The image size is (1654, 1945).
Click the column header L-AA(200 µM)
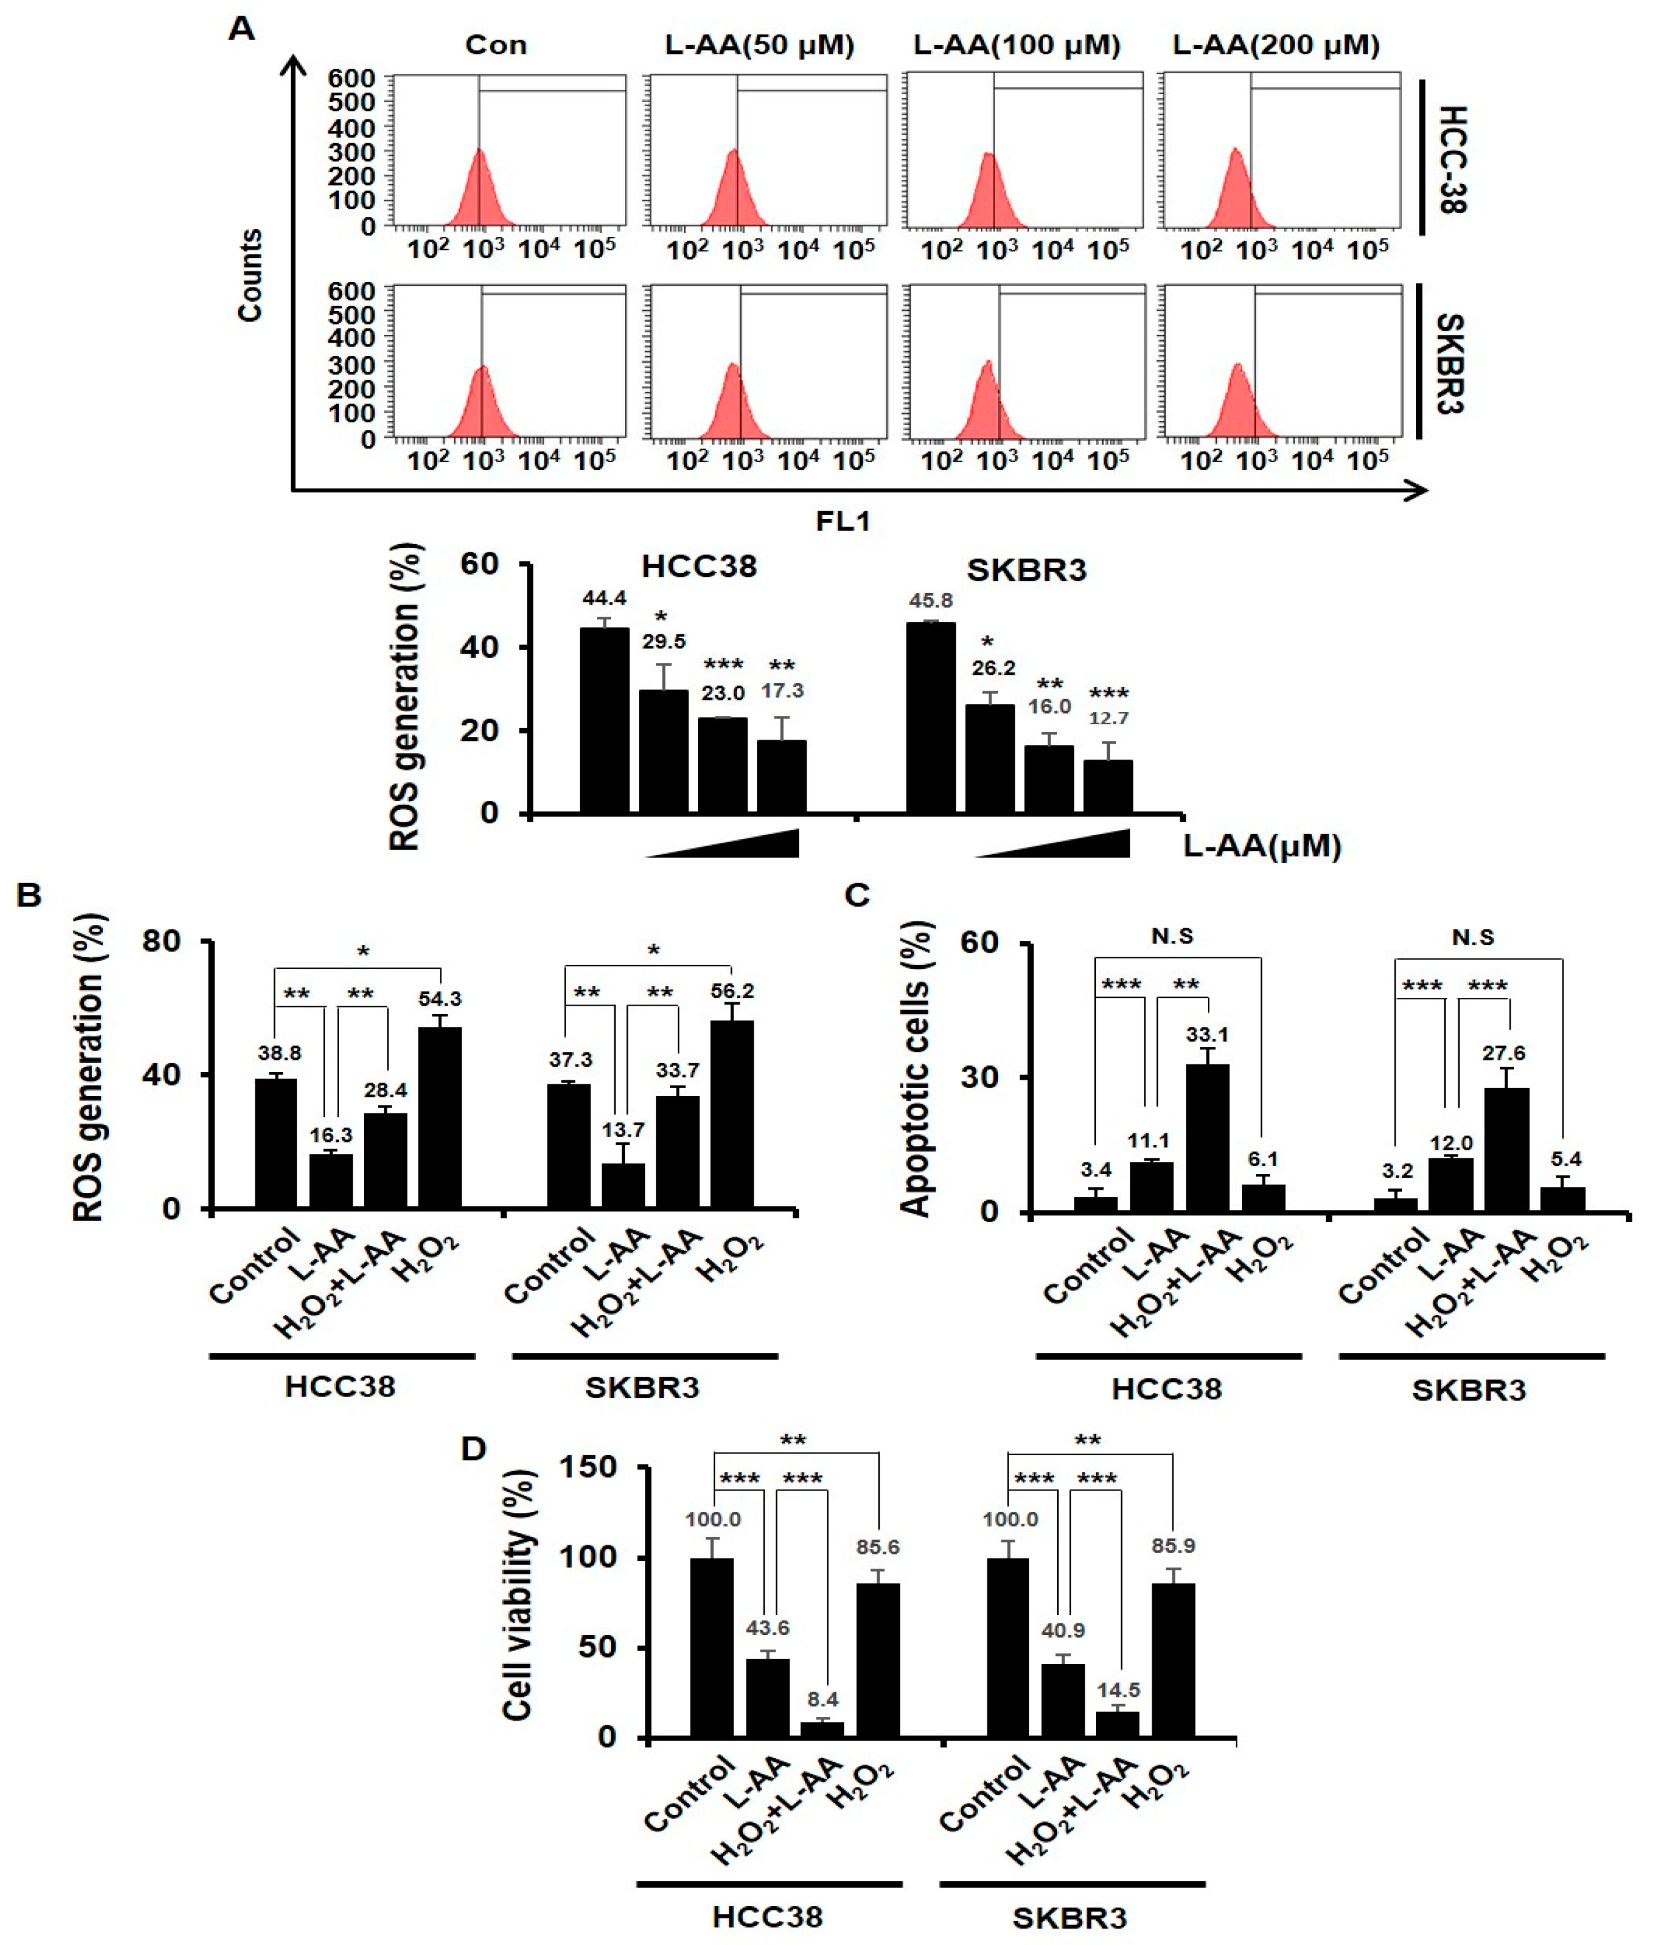pyautogui.click(x=1276, y=45)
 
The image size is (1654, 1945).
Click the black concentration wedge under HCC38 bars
pyautogui.click(x=750, y=844)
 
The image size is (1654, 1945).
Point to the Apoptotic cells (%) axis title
pyautogui.click(x=916, y=1069)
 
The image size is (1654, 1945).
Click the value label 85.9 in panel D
pyautogui.click(x=1173, y=1546)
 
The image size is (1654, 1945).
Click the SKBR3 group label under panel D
pyautogui.click(x=1070, y=1917)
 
